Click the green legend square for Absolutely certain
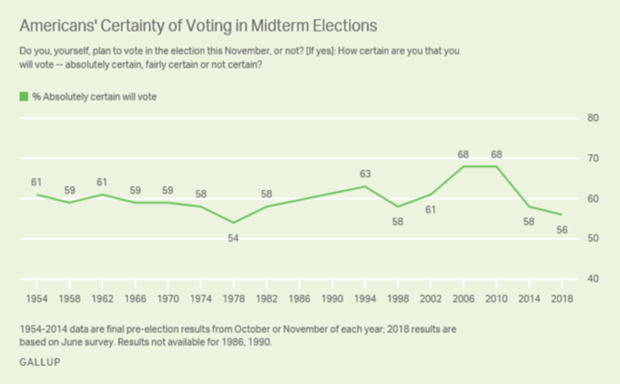[x=23, y=96]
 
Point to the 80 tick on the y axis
[x=591, y=117]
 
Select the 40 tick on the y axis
[x=591, y=278]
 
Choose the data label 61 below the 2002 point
[x=430, y=210]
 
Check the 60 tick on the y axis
[x=591, y=198]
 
